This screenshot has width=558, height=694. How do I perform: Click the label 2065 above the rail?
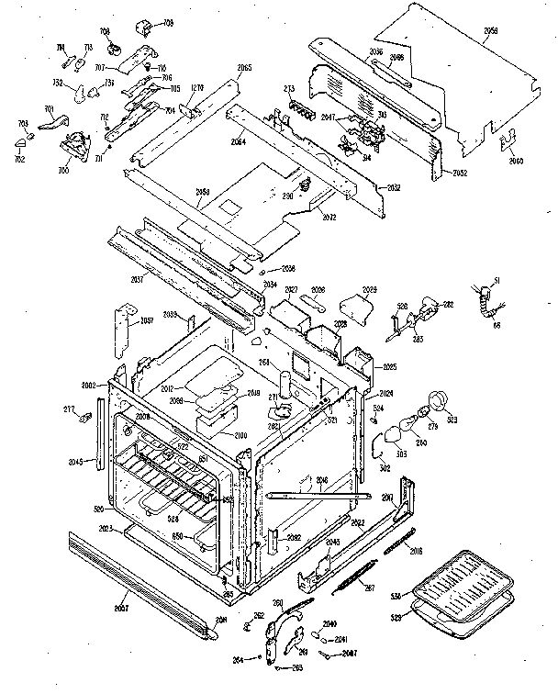point(244,70)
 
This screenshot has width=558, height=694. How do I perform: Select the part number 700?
point(63,172)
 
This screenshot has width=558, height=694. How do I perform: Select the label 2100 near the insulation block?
point(240,434)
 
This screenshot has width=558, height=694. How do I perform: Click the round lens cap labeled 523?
point(441,400)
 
